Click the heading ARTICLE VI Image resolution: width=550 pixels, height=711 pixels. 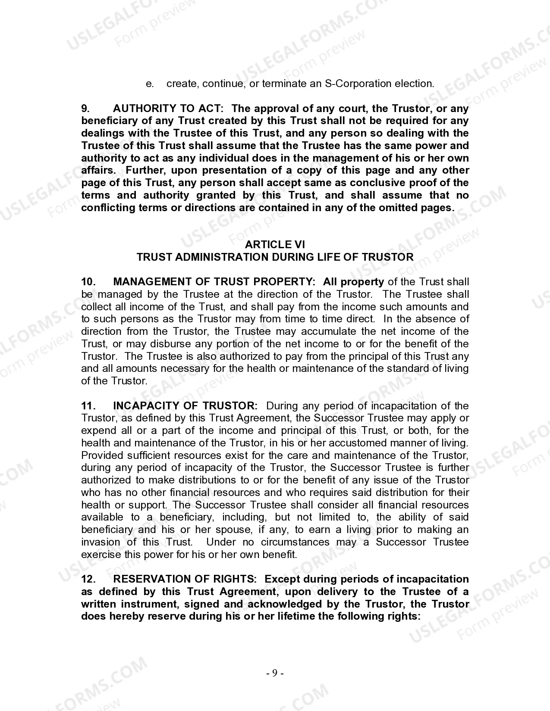coord(275,245)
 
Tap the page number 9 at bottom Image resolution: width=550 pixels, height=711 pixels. coord(275,673)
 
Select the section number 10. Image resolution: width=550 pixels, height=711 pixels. coord(88,282)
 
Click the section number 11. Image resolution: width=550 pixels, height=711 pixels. coord(88,406)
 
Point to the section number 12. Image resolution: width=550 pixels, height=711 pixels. coord(88,579)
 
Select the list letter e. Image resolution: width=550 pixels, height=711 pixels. coord(150,84)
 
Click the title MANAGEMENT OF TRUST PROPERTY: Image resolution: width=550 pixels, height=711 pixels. coord(214,282)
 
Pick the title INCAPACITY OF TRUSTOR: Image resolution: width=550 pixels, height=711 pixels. coord(185,406)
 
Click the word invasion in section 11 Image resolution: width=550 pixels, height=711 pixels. coord(101,542)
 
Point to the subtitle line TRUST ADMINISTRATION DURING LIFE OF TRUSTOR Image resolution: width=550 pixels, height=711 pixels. coord(275,257)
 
